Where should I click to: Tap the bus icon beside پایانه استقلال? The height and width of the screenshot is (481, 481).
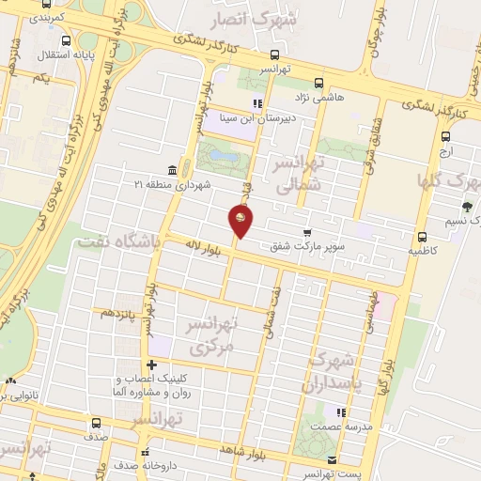tap(65, 41)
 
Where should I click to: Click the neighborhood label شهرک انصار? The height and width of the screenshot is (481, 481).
tap(289, 19)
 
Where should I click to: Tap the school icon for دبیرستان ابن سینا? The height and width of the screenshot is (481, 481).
tap(256, 103)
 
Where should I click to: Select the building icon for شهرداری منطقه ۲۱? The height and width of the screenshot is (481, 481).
tap(171, 170)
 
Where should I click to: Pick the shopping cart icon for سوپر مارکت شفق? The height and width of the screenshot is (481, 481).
tap(307, 233)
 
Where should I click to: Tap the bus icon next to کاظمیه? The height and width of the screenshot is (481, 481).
tap(421, 238)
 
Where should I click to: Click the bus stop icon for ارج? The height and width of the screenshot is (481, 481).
tap(445, 135)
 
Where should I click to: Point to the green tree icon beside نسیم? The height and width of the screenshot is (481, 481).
tap(467, 208)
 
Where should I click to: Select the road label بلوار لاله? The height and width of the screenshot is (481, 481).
tap(200, 246)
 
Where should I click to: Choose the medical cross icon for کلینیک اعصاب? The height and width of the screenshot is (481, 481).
tap(150, 365)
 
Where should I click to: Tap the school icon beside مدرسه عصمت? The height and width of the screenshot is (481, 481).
tap(343, 411)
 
